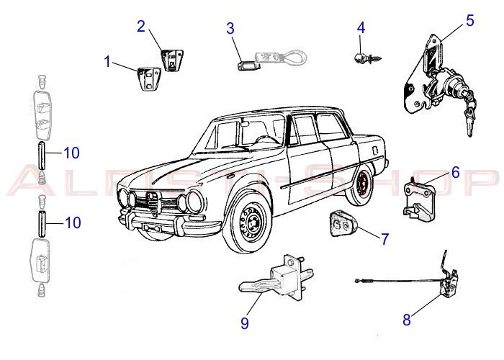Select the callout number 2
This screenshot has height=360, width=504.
141,27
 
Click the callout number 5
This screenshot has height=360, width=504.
469,19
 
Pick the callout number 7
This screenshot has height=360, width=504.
385,239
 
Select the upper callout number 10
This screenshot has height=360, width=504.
72,153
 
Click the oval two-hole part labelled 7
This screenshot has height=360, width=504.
341,224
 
